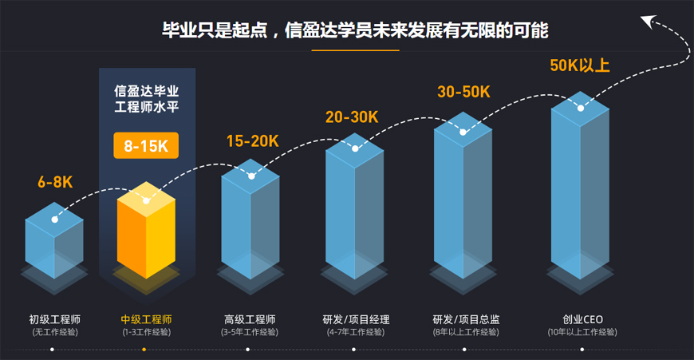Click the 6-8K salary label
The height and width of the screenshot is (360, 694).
pyautogui.click(x=55, y=182)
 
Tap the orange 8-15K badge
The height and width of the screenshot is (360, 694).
pyautogui.click(x=146, y=146)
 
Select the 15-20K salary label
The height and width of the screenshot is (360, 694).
pyautogui.click(x=252, y=141)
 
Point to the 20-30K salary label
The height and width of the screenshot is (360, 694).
pyautogui.click(x=352, y=117)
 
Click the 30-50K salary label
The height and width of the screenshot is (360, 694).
pyautogui.click(x=463, y=91)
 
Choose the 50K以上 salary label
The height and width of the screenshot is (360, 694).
pyautogui.click(x=580, y=65)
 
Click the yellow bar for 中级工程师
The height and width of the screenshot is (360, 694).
pyautogui.click(x=146, y=235)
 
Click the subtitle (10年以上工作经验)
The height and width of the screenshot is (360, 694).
pyautogui.click(x=582, y=332)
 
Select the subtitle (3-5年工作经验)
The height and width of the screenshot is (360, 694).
pyautogui.click(x=250, y=332)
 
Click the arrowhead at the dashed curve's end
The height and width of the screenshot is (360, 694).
pyautogui.click(x=649, y=20)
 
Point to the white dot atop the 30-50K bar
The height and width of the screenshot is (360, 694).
pyautogui.click(x=463, y=132)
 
